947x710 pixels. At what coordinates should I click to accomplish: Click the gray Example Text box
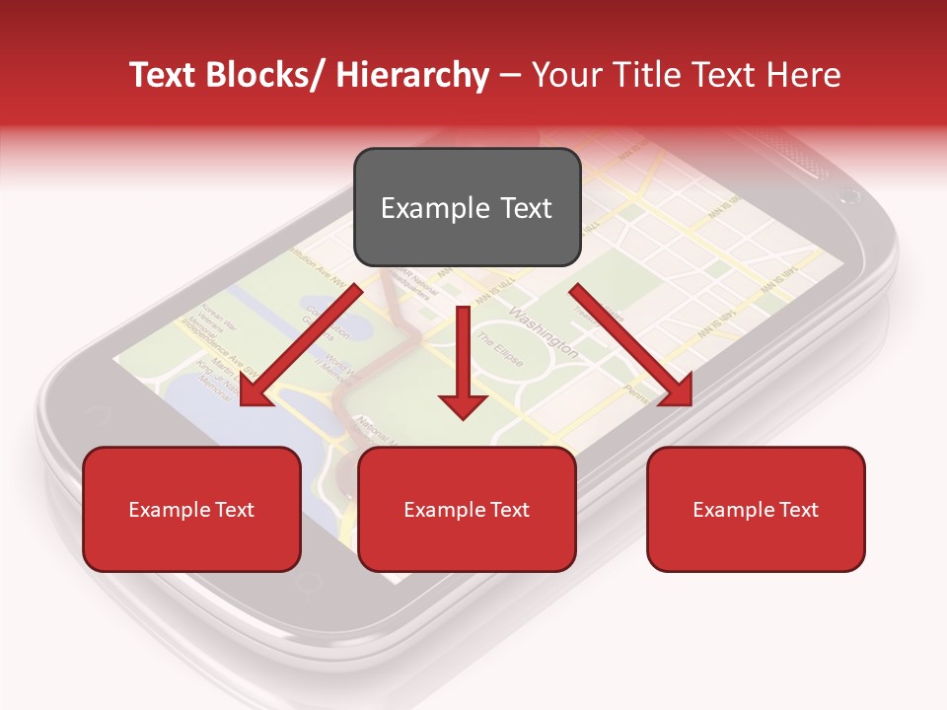click(x=467, y=207)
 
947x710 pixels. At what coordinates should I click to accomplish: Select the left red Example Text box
click(x=191, y=509)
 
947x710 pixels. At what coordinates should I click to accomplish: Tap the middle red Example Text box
click(x=467, y=509)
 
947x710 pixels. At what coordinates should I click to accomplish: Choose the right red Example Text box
click(x=756, y=509)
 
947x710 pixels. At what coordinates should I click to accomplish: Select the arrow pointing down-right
click(x=631, y=345)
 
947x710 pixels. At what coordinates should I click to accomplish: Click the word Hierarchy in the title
click(x=412, y=75)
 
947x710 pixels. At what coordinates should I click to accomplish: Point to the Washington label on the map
click(x=544, y=331)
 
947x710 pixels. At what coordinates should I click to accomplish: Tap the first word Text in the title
click(x=162, y=75)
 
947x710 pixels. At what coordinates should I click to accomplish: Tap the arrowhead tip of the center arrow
click(x=463, y=418)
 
